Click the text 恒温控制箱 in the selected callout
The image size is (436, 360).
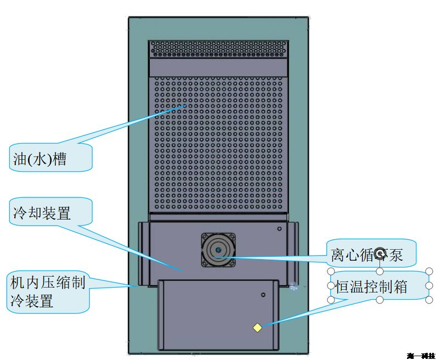click(x=372, y=286)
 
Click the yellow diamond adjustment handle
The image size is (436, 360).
click(x=257, y=328)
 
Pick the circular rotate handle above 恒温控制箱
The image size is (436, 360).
click(x=380, y=253)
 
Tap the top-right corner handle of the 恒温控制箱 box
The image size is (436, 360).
click(x=429, y=271)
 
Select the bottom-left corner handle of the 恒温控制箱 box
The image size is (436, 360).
click(x=331, y=300)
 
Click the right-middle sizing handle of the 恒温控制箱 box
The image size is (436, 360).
click(x=429, y=285)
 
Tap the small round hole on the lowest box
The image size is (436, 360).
click(x=263, y=295)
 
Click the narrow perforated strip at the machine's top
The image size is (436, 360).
click(x=218, y=49)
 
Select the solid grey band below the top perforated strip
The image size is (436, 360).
click(x=218, y=67)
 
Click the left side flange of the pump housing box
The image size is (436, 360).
click(x=143, y=253)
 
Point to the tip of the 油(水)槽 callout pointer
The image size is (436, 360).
click(x=187, y=105)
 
